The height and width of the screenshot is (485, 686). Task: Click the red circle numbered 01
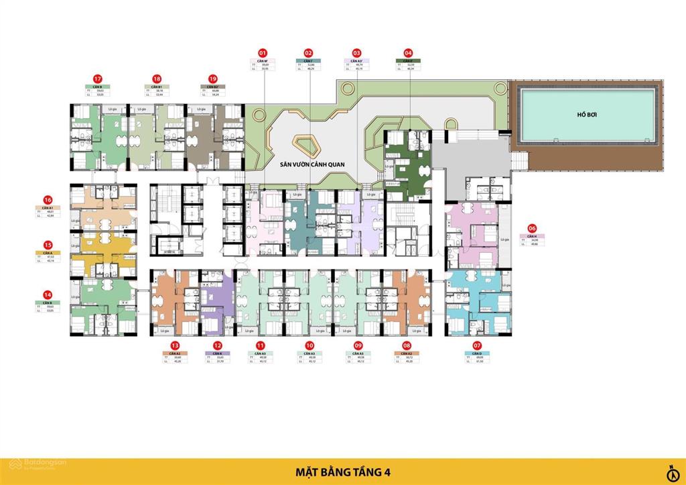[x=263, y=52]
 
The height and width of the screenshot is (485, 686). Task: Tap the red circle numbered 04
[x=408, y=52]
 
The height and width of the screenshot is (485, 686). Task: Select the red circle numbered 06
[x=532, y=228]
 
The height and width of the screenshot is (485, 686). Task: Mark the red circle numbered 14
[x=48, y=294]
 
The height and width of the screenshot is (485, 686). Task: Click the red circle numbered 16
[x=48, y=200]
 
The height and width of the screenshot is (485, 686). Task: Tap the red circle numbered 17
[x=97, y=78]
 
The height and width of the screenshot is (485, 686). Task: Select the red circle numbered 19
[x=213, y=78]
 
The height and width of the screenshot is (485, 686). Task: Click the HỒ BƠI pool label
[x=587, y=115]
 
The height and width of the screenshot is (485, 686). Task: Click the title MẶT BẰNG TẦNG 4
[x=343, y=472]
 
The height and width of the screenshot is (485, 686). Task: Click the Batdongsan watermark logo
[x=30, y=472]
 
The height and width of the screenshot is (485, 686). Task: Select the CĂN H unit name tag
[x=532, y=237]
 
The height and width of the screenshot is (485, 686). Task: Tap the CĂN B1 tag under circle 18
[x=156, y=87]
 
